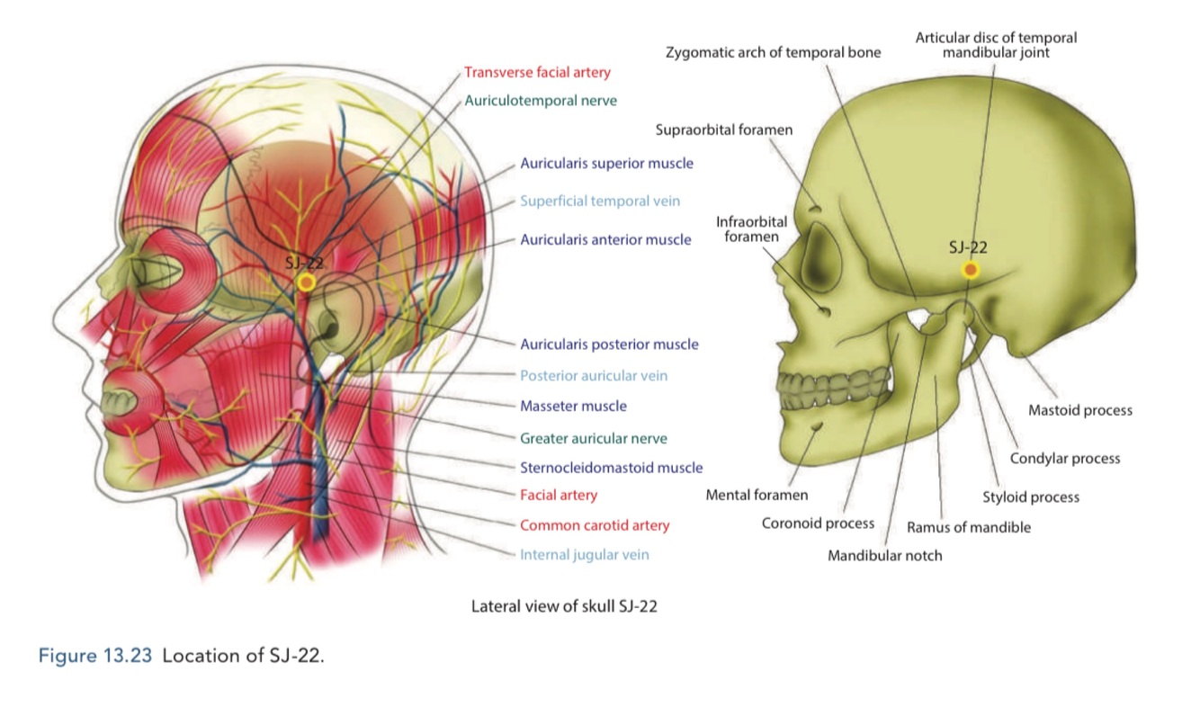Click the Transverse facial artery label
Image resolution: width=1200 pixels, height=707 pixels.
[537, 73]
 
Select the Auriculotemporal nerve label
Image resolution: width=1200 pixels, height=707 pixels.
[541, 101]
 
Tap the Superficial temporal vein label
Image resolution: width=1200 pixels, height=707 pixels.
[600, 201]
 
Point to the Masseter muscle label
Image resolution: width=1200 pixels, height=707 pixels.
[573, 407]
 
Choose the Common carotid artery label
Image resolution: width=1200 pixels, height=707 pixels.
[595, 525]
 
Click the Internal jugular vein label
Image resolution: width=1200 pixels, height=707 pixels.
[584, 555]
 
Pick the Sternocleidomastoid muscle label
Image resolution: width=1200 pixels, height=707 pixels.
[611, 468]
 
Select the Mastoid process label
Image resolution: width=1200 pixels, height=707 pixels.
[1079, 411]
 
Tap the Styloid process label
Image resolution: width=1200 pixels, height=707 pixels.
[1030, 497]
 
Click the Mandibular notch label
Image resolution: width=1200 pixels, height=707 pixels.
[885, 556]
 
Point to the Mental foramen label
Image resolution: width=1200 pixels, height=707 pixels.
[757, 495]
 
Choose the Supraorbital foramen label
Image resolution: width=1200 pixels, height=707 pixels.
[724, 130]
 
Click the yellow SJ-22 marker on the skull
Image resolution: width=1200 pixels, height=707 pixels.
[970, 270]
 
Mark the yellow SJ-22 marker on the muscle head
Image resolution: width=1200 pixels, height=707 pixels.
[306, 282]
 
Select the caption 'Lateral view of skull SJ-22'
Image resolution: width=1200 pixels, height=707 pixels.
[564, 606]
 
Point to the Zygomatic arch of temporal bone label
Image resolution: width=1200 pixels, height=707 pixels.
[773, 53]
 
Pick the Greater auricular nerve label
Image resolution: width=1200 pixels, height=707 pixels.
[594, 439]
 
